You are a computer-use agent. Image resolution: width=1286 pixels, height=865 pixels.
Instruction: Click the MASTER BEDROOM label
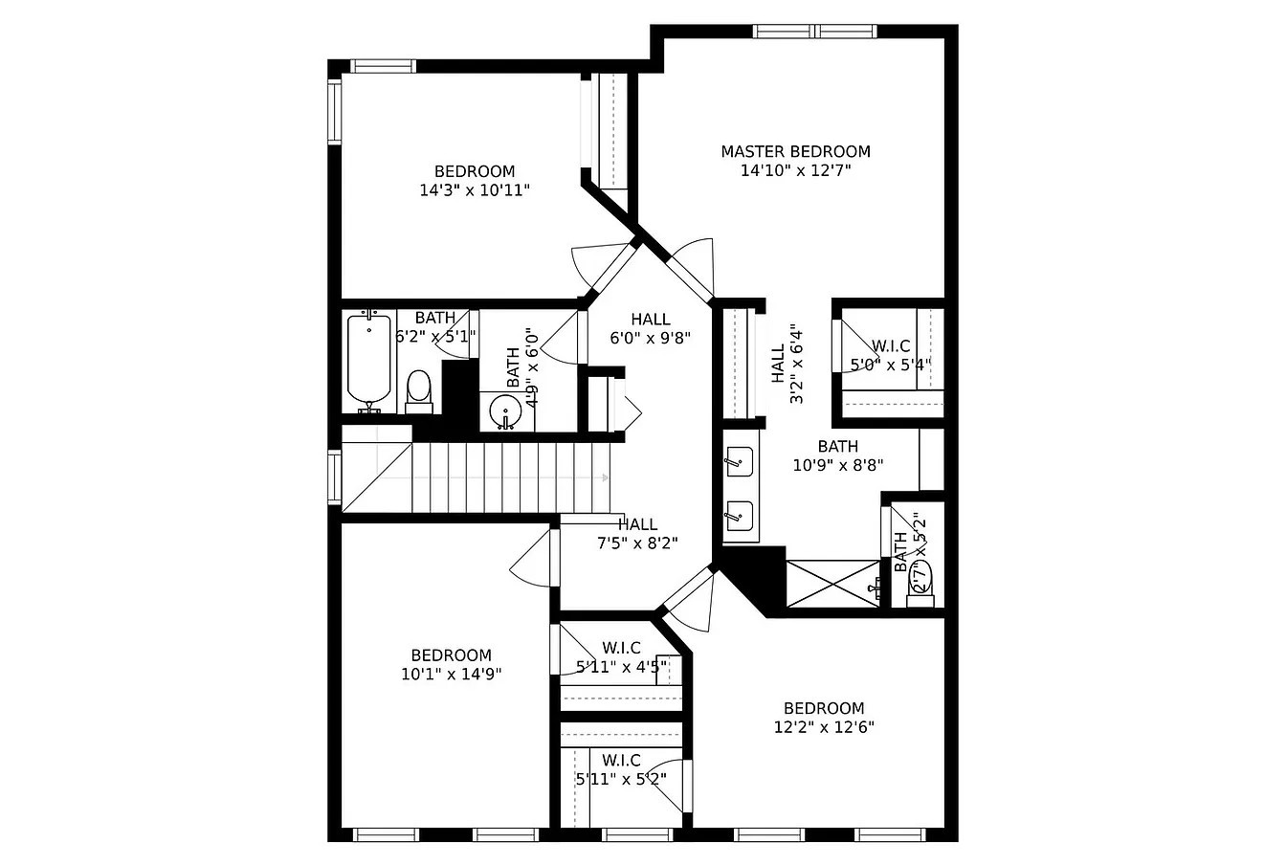point(796,151)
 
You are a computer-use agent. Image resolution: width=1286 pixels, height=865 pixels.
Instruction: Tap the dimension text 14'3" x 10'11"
point(475,190)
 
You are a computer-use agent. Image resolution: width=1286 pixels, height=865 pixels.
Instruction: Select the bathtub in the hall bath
point(368,362)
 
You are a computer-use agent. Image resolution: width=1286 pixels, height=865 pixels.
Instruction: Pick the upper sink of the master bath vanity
point(740,461)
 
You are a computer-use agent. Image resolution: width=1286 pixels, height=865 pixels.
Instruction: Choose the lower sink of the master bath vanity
point(740,516)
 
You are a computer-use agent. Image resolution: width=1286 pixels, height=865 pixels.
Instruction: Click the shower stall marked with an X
point(833,583)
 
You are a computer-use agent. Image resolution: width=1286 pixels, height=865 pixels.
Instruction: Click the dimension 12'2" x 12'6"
point(824,727)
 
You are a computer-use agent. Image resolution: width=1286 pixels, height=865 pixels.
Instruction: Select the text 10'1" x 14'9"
point(452,674)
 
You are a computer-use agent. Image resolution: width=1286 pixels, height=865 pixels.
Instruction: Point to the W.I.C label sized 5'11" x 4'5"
point(621,648)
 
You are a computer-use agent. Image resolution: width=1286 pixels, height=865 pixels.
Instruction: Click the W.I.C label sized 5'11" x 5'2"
point(621,761)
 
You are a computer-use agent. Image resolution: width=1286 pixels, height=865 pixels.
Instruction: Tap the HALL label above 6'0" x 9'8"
point(651,320)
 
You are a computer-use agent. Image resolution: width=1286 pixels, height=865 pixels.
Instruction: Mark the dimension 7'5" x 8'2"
point(637,543)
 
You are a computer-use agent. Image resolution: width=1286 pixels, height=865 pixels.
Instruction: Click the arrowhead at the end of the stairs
point(605,477)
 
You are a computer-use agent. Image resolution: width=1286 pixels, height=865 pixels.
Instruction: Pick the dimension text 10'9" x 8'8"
point(837,465)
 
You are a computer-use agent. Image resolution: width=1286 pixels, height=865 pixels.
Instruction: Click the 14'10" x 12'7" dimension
point(796,170)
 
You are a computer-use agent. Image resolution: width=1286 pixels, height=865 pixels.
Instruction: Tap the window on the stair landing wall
point(334,477)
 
